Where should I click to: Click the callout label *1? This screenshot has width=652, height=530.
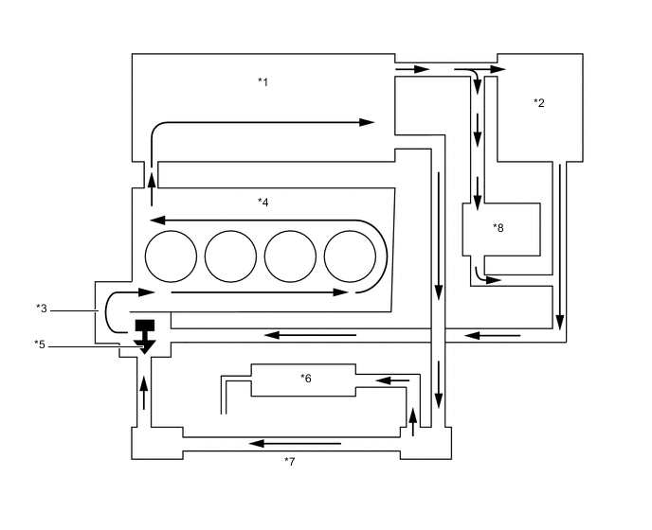(x=263, y=81)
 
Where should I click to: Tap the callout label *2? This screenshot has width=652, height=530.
(x=538, y=102)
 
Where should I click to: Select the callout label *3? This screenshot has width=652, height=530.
(x=41, y=308)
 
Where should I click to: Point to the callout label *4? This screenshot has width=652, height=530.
(x=263, y=202)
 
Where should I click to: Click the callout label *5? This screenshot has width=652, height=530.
(x=41, y=344)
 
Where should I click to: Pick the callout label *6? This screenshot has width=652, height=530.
(x=305, y=379)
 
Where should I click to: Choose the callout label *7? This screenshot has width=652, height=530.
(x=290, y=461)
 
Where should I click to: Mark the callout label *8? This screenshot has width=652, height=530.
(x=498, y=228)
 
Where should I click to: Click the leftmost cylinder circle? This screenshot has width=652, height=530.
(x=171, y=256)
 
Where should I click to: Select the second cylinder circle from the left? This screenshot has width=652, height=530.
(x=230, y=256)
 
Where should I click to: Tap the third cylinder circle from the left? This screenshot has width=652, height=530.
(x=290, y=256)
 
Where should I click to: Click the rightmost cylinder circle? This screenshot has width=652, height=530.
(x=350, y=256)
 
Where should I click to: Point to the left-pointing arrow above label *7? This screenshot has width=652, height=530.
(x=294, y=442)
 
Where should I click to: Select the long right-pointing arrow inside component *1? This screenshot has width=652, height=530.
(x=265, y=122)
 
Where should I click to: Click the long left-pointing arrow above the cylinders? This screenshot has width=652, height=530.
(x=256, y=219)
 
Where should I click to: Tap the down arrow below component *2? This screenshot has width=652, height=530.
(x=560, y=246)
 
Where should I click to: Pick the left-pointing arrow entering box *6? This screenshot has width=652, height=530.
(x=393, y=381)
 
